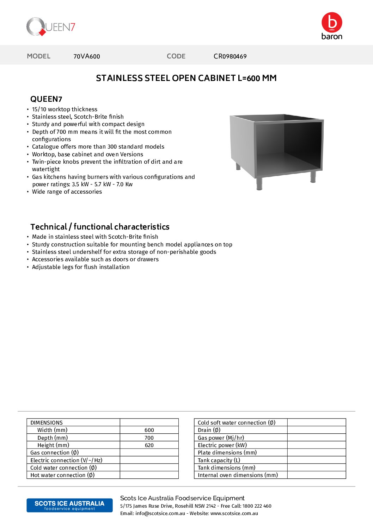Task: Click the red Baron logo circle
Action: click(332, 22)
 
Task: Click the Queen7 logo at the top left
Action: click(50, 27)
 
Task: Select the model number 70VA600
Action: click(86, 56)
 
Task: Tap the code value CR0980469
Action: click(230, 56)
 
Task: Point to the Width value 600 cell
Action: click(149, 430)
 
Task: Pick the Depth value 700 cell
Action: click(149, 438)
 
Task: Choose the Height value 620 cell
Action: click(149, 445)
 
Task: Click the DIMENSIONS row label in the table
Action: click(47, 422)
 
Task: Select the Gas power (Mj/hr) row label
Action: click(221, 438)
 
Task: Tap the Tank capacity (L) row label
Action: click(219, 460)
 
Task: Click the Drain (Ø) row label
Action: click(209, 430)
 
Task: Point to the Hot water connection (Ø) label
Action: click(62, 475)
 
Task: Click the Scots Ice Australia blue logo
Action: click(69, 505)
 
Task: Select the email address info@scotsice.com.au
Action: click(160, 514)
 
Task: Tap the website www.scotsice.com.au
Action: click(234, 514)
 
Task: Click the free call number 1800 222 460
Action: click(257, 506)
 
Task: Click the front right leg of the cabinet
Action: click(313, 177)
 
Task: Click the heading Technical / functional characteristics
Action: click(100, 227)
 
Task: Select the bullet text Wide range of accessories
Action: click(67, 192)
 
